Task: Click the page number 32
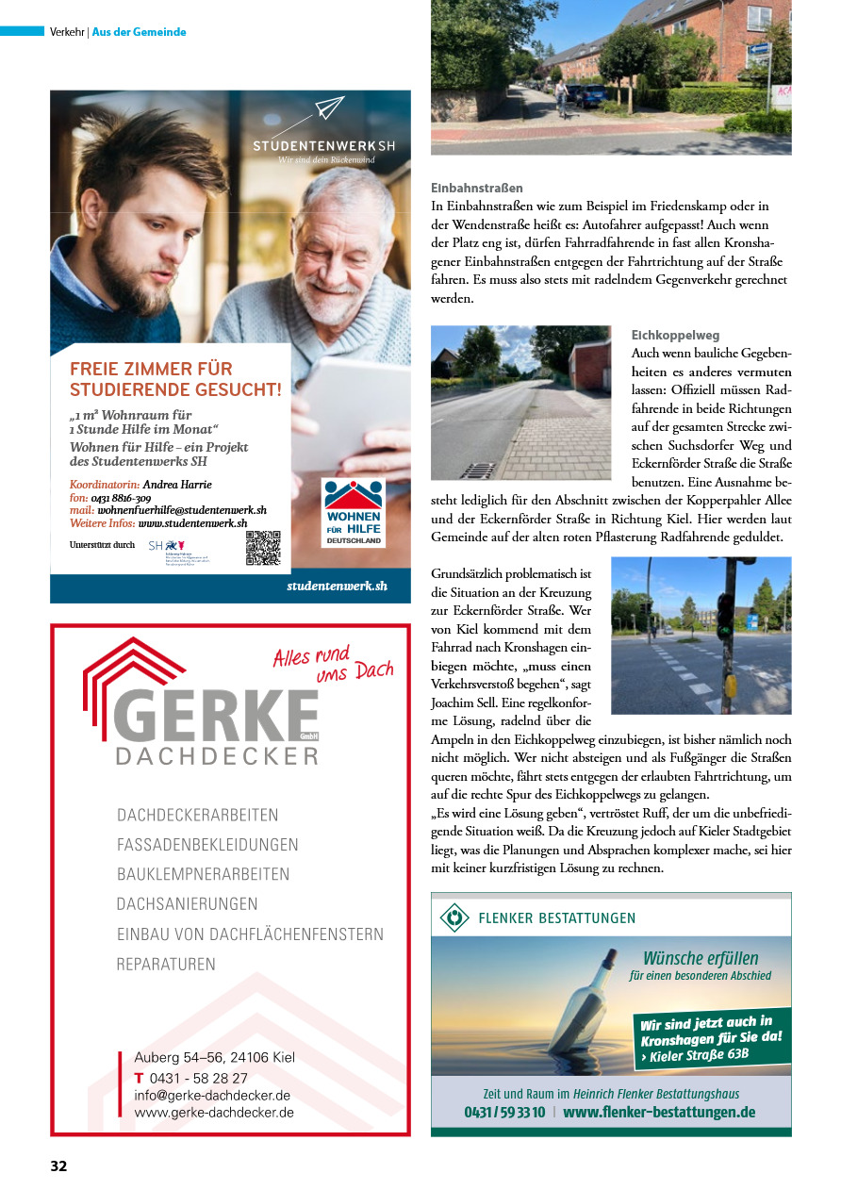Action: click(x=58, y=1166)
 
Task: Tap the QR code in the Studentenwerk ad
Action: click(x=263, y=548)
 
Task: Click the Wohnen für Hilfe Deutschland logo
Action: click(x=354, y=513)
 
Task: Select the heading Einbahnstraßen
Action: click(x=476, y=189)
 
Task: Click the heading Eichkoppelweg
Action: click(x=675, y=335)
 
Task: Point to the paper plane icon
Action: click(x=330, y=107)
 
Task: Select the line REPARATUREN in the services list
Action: click(x=166, y=964)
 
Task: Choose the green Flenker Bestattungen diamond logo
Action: click(x=454, y=917)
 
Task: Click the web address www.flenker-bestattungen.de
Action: click(x=659, y=1113)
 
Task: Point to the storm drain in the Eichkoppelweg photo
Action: click(x=480, y=469)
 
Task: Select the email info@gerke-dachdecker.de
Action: click(x=212, y=1096)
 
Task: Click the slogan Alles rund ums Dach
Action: click(x=333, y=661)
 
